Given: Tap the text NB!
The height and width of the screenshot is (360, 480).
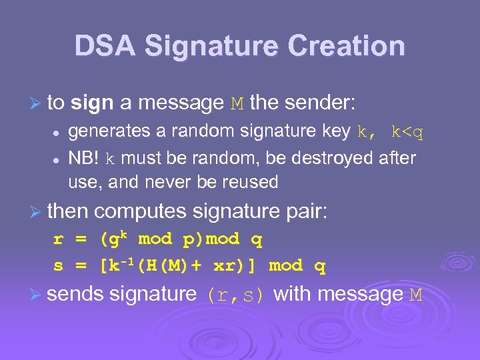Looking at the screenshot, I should (85, 159).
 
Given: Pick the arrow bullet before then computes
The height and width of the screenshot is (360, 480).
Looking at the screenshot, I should (37, 212).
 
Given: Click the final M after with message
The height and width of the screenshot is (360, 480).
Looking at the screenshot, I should (415, 295).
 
